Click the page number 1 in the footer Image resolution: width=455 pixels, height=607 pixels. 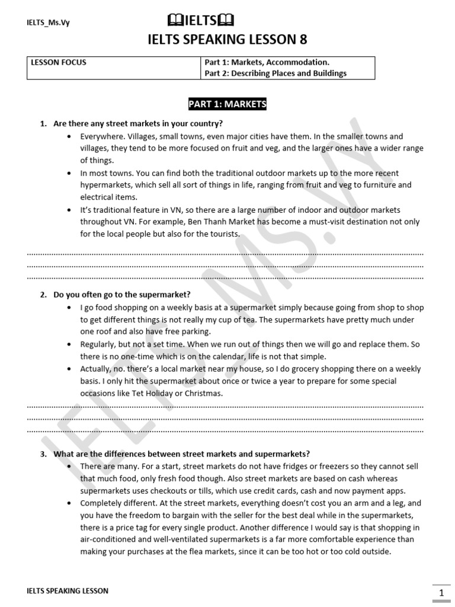[x=441, y=593]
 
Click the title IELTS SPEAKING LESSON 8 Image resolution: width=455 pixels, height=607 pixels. [x=227, y=40]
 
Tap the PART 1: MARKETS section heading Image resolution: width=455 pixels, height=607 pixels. [x=227, y=105]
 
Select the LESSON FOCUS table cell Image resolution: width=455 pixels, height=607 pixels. [x=59, y=62]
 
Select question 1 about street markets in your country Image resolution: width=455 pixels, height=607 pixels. [x=137, y=124]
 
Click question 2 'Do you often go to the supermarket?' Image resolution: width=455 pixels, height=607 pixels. [x=122, y=295]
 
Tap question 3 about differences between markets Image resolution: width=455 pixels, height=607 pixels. [x=181, y=454]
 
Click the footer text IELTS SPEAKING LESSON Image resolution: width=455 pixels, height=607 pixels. [x=68, y=591]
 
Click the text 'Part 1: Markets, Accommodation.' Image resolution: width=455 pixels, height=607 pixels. [x=267, y=62]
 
